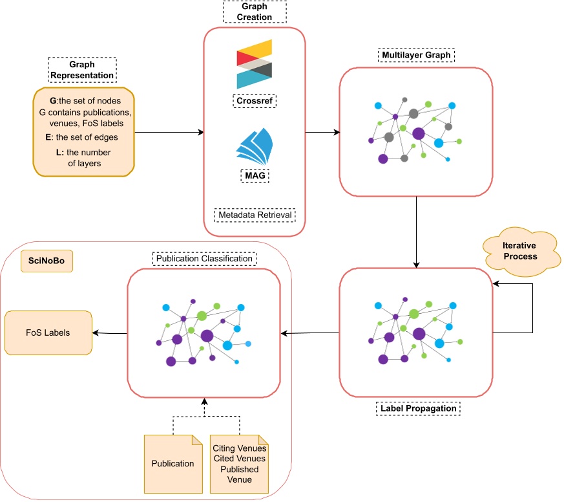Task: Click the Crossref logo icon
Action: pos(254,63)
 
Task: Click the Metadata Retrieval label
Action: pos(254,214)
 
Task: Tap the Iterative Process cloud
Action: pos(520,252)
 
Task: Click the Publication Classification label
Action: pos(204,259)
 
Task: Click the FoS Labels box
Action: pos(48,333)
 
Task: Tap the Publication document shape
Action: pos(172,463)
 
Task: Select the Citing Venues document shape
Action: pos(238,464)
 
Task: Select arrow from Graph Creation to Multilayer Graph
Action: pos(322,133)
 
